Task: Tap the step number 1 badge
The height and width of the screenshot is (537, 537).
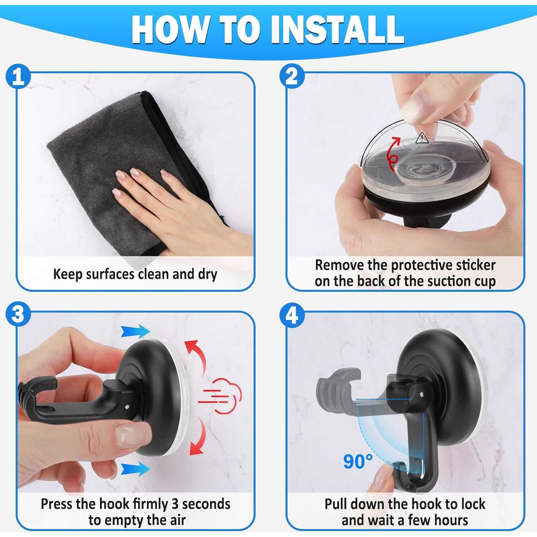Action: pyautogui.click(x=18, y=76)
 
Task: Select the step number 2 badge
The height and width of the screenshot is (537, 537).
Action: pyautogui.click(x=292, y=76)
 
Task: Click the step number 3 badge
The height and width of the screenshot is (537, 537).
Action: pyautogui.click(x=18, y=315)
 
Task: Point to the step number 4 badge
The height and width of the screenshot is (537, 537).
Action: pyautogui.click(x=292, y=315)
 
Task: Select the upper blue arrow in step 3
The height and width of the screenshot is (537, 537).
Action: pyautogui.click(x=135, y=331)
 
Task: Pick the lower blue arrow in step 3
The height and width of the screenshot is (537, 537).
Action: pyautogui.click(x=135, y=469)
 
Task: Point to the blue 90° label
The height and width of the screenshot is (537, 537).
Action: pyautogui.click(x=358, y=461)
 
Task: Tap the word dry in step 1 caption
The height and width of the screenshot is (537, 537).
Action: pyautogui.click(x=208, y=275)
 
